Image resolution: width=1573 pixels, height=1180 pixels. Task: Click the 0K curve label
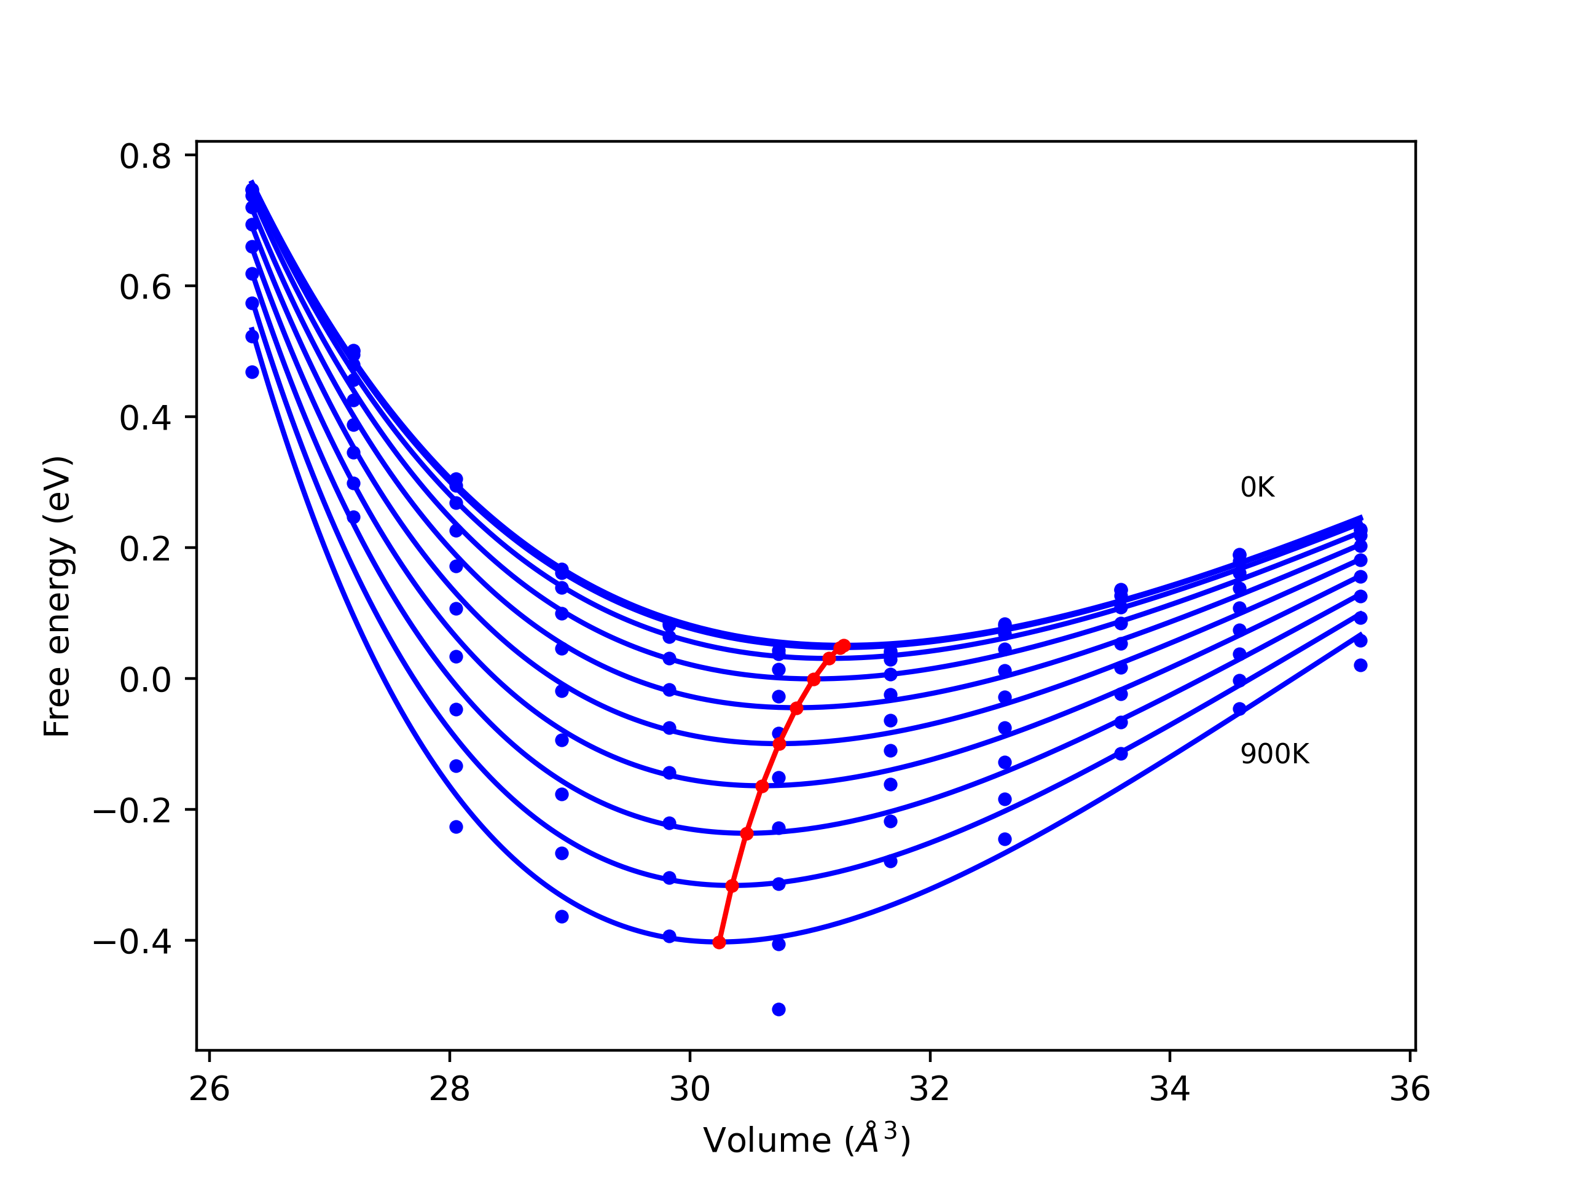(x=1257, y=488)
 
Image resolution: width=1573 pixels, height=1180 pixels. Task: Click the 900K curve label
(x=1274, y=755)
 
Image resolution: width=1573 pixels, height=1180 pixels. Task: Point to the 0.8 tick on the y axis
(x=145, y=157)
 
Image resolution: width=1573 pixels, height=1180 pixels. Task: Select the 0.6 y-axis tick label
(x=145, y=288)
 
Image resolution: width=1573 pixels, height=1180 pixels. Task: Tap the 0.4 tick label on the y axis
(x=145, y=419)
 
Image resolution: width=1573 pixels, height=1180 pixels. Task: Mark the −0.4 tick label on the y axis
(x=132, y=942)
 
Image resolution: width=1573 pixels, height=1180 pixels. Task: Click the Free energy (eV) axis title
(x=57, y=596)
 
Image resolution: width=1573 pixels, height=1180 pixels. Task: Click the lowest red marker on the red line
(x=719, y=942)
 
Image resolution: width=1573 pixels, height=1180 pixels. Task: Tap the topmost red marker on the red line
(x=844, y=645)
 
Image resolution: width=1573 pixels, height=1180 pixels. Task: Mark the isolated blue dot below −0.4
(x=779, y=1009)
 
